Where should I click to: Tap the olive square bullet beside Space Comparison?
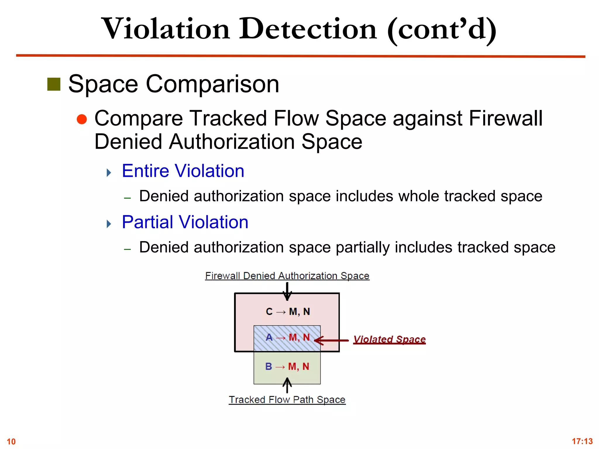[54, 84]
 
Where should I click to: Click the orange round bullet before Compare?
[82, 119]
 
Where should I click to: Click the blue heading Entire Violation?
[183, 171]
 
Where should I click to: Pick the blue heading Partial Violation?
[185, 222]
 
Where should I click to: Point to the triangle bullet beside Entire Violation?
[109, 172]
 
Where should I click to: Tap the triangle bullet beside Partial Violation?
[109, 224]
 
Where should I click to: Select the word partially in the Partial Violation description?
[362, 247]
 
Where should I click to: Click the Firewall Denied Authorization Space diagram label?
[287, 276]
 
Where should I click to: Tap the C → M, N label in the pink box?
[288, 312]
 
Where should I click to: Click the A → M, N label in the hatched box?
[288, 337]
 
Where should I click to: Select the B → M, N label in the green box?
[287, 367]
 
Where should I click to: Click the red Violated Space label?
[389, 339]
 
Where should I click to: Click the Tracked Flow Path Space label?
[287, 400]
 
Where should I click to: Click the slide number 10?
[11, 441]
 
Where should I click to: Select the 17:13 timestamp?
[582, 441]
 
